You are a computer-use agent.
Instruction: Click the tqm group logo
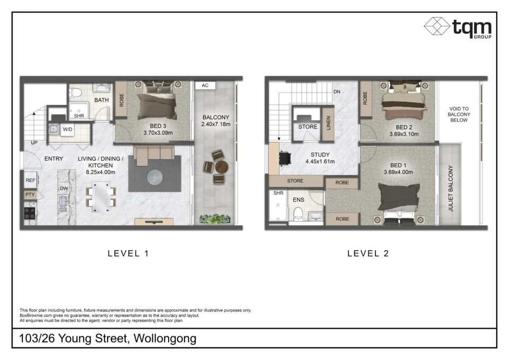pyautogui.click(x=458, y=27)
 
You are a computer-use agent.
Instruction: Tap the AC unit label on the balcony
pyautogui.click(x=204, y=85)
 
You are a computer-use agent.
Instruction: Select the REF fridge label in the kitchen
pyautogui.click(x=30, y=181)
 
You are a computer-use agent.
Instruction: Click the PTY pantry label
pyautogui.click(x=30, y=195)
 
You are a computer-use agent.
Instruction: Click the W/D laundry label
pyautogui.click(x=67, y=129)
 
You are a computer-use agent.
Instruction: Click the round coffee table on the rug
pyautogui.click(x=154, y=176)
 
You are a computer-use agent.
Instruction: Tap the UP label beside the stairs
pyautogui.click(x=34, y=143)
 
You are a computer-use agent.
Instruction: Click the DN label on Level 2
pyautogui.click(x=336, y=92)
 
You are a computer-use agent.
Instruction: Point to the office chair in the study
pyautogui.click(x=286, y=157)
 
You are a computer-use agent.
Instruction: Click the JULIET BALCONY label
pyautogui.click(x=451, y=189)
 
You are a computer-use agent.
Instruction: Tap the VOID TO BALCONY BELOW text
pyautogui.click(x=459, y=114)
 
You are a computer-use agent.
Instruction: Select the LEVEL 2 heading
pyautogui.click(x=368, y=253)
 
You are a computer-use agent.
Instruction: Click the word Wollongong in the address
pyautogui.click(x=165, y=338)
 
